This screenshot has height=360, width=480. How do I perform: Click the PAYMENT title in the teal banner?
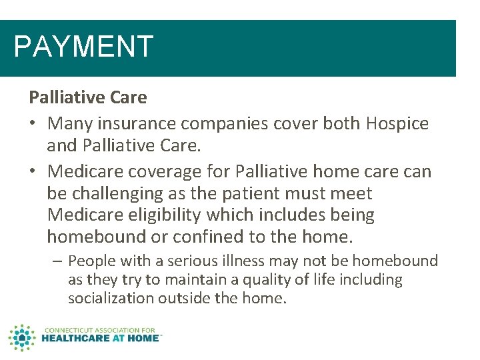pyautogui.click(x=83, y=47)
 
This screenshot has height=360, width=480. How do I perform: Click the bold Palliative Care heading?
pyautogui.click(x=87, y=97)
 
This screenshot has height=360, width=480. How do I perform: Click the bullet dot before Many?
pyautogui.click(x=33, y=123)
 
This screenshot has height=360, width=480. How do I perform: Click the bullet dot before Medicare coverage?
pyautogui.click(x=33, y=171)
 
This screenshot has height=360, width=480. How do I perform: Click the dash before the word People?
pyautogui.click(x=57, y=261)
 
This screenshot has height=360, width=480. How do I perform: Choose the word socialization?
pyautogui.click(x=111, y=298)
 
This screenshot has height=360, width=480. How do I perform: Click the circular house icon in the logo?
pyautogui.click(x=22, y=337)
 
